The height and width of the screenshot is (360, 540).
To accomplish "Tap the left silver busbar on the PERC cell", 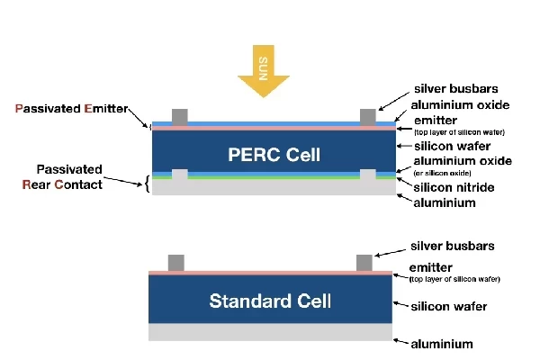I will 180,116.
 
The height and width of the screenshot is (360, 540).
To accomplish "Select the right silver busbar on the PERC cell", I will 367,116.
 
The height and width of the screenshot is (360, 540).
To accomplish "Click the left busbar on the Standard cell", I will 176,262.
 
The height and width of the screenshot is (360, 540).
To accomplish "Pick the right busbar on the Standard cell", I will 364,262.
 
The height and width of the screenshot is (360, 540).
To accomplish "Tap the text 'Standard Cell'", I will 271,301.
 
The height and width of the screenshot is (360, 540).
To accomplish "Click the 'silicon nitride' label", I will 455,186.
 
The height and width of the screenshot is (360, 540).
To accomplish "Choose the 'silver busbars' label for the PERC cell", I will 456,88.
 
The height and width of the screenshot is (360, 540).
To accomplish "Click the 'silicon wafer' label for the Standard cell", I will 448,307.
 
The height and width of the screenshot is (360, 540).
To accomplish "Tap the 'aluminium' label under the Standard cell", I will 441,344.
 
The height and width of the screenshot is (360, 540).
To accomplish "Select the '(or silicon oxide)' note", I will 441,172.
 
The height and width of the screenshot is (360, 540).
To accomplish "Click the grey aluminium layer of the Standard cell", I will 271,332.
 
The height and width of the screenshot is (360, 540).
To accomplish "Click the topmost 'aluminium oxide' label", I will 460,104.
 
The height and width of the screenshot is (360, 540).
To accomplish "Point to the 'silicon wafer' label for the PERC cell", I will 450,146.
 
